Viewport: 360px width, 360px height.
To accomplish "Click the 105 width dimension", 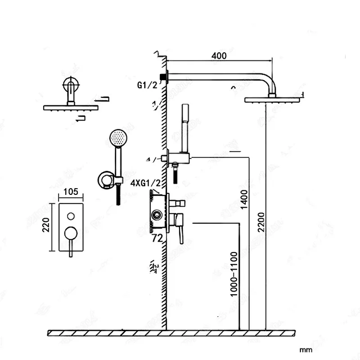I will click(x=71, y=192).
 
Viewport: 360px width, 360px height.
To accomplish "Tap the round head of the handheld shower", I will click(x=116, y=137).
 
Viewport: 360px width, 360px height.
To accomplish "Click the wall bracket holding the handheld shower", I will click(x=107, y=180).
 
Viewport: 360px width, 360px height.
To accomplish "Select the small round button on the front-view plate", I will click(x=71, y=215).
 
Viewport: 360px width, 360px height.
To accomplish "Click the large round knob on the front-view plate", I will click(x=71, y=233).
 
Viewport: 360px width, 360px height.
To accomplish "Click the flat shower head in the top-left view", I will click(x=70, y=108).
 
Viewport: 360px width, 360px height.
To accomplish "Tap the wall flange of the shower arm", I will click(x=167, y=77).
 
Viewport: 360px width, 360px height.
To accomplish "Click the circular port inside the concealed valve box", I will click(x=157, y=214).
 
